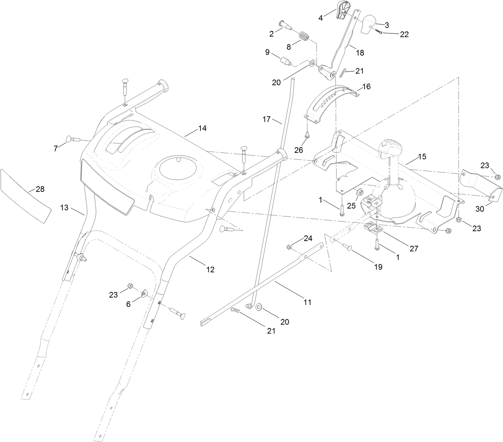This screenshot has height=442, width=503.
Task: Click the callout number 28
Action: click(40, 189)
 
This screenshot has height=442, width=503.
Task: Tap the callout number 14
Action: click(202, 129)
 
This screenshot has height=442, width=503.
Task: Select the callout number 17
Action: click(266, 119)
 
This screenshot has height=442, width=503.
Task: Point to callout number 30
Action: click(479, 209)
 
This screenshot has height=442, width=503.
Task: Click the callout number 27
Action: click(414, 248)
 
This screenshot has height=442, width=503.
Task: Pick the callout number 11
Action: click(307, 302)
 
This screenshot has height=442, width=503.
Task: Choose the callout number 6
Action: click(129, 304)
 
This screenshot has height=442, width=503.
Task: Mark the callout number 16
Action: click(366, 86)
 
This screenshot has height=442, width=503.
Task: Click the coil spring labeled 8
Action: click(304, 36)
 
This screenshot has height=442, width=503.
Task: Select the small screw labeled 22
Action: click(379, 32)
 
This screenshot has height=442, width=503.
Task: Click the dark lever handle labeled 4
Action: click(341, 10)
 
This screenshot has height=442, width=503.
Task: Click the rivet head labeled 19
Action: click(349, 248)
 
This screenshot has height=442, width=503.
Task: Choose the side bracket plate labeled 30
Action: click(479, 184)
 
